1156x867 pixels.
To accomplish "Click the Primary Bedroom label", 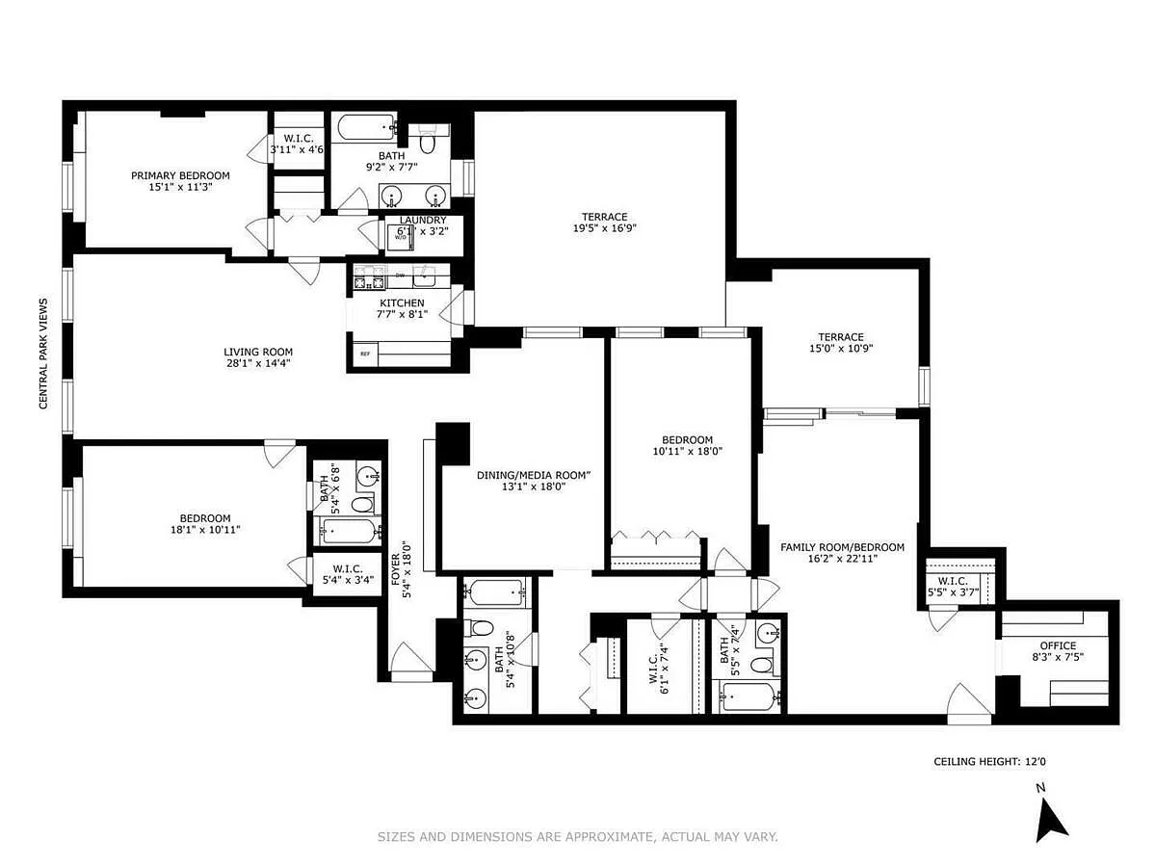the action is coord(180,175).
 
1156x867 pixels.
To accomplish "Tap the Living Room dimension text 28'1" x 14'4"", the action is coord(258,363).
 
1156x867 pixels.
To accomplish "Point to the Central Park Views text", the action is coord(43,354).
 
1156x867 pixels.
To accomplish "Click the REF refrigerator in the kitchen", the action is coord(365,354).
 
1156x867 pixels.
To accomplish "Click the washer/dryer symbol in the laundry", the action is coord(400,237).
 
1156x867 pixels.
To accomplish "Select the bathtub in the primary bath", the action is coord(367,127).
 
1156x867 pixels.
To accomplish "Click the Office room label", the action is coord(1058,645).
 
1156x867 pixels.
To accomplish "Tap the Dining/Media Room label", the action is coord(534,475).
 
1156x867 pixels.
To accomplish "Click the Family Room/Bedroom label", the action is coord(842,547).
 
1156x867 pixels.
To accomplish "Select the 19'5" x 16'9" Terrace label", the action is coord(605,223).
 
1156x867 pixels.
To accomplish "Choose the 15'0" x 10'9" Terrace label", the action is coord(841,343).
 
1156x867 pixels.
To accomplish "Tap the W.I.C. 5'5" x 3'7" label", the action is coord(953,587).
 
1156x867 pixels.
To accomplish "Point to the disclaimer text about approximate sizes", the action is coord(578,836).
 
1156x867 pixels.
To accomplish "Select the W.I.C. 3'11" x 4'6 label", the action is coord(298,144).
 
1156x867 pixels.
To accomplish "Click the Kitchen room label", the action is coord(402,303).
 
